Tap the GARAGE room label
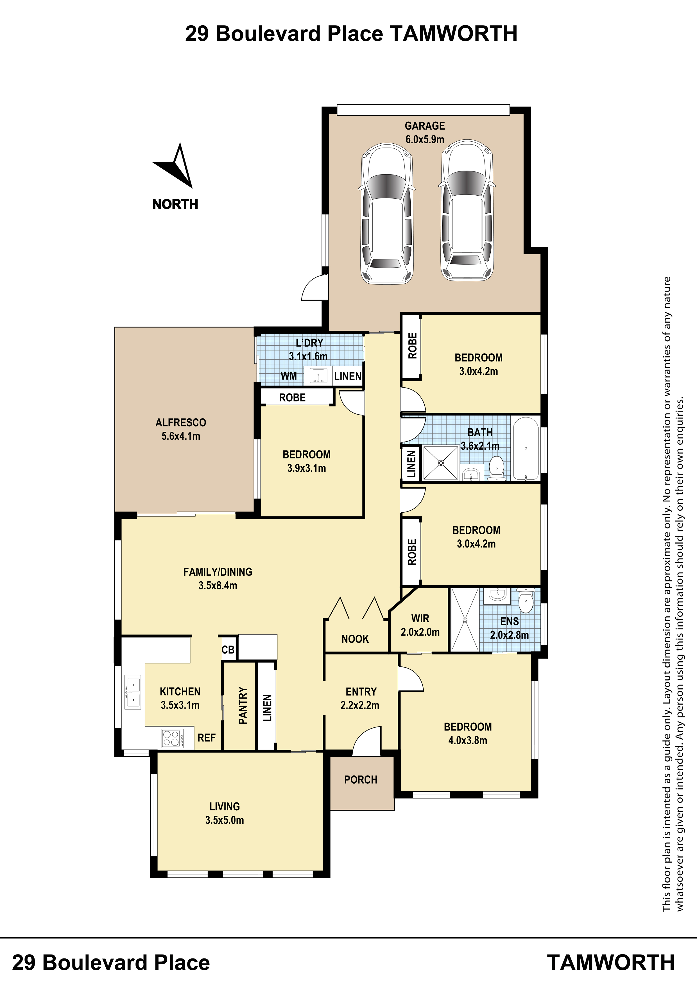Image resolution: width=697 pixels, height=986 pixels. point(425,126)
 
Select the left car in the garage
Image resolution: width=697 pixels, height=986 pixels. point(386,213)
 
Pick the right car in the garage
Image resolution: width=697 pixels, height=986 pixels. point(467,211)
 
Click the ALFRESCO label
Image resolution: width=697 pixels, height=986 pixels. point(181,422)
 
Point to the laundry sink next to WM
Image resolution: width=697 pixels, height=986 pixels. point(318,375)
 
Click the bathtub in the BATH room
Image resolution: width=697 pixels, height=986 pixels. point(526,448)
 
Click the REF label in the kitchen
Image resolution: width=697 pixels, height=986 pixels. point(207,738)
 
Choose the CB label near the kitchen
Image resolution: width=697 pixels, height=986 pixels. point(228,650)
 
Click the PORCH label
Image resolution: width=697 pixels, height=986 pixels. point(361,779)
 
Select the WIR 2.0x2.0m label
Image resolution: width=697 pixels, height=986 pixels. point(420,625)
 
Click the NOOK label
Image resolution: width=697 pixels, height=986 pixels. point(355,639)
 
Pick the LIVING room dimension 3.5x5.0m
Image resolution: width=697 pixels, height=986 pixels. point(225,820)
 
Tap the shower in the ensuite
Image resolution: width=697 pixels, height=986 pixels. point(464,620)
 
